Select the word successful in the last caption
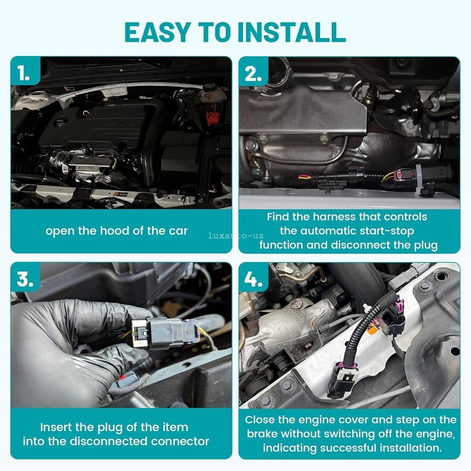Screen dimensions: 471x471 353,447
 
